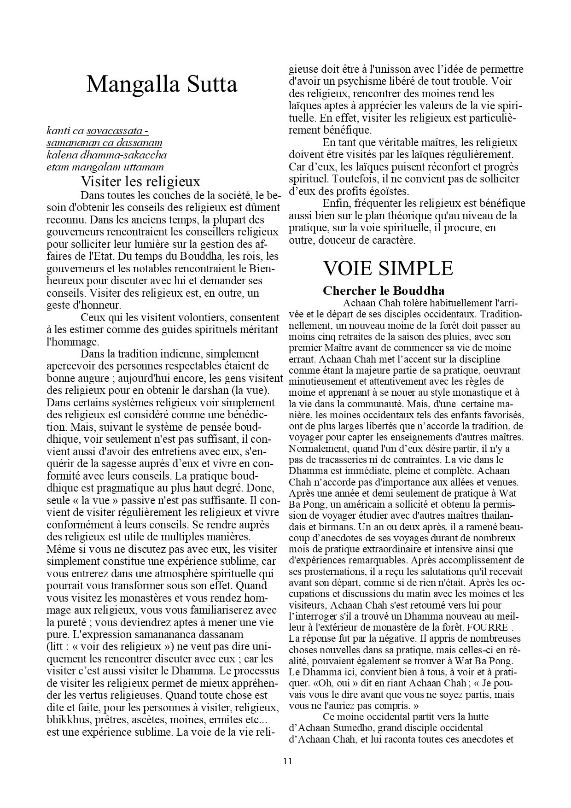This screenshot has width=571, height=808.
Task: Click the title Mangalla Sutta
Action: coord(162,85)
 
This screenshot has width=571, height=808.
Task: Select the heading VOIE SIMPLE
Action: coord(388,268)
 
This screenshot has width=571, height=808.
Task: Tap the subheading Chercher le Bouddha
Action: coord(384,291)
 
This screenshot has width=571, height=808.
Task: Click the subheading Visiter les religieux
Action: coord(140,181)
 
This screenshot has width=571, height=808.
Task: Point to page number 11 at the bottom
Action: coord(287,761)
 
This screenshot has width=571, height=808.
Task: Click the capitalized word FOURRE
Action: coord(487,627)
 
